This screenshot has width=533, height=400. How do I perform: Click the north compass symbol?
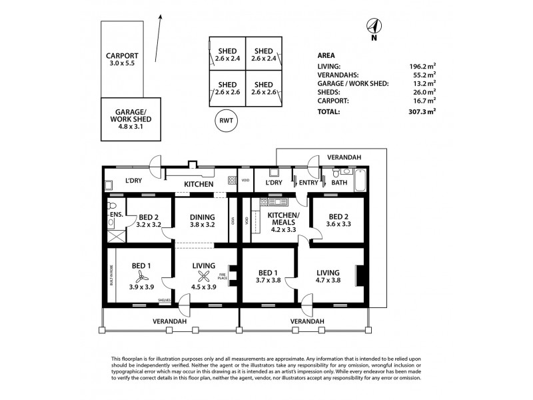coord(374,27)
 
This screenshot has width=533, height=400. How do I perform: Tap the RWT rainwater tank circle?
coord(227,121)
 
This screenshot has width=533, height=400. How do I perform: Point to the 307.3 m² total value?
coord(423,113)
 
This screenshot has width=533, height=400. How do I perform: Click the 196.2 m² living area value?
coord(423,66)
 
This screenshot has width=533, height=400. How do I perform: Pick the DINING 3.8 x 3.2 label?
coord(201,221)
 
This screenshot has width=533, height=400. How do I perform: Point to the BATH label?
coord(339,183)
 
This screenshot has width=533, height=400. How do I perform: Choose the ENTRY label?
coord(309,183)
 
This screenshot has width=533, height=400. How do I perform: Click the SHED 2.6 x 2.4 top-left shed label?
coord(227,54)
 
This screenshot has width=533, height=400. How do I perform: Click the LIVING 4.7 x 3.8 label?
coord(328,276)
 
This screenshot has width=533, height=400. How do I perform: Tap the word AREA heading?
coord(326,55)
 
